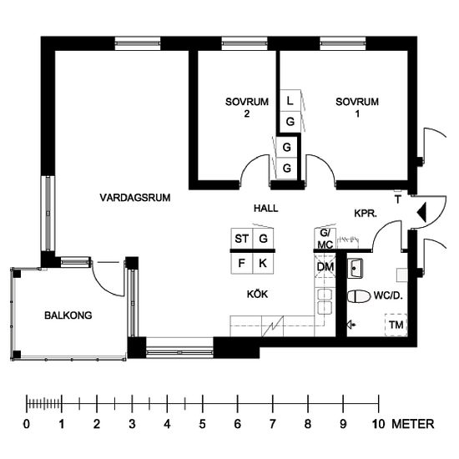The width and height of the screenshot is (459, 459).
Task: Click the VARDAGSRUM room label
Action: click(x=135, y=198)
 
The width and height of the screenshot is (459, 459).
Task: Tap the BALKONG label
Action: click(x=68, y=315)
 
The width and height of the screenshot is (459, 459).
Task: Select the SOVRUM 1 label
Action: click(x=357, y=108)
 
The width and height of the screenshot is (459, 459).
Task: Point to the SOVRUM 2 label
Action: click(x=247, y=108)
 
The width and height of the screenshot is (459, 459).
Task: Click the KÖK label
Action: click(x=257, y=294)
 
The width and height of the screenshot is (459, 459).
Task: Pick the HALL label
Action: click(x=265, y=209)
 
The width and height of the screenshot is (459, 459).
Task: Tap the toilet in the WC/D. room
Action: click(x=358, y=296)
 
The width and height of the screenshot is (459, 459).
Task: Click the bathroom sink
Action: click(x=355, y=268)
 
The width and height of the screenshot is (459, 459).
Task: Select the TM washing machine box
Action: click(x=396, y=325)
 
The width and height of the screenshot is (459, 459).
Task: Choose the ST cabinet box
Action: click(x=242, y=239)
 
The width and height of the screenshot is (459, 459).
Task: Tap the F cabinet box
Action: click(x=242, y=263)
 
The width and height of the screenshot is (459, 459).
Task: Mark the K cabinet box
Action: click(x=263, y=263)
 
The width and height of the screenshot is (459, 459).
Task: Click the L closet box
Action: click(x=290, y=101)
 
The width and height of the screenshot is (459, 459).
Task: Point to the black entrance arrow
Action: click(x=422, y=212)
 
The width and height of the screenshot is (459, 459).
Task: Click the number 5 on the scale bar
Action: click(x=202, y=424)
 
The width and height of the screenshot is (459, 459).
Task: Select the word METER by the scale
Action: click(x=413, y=424)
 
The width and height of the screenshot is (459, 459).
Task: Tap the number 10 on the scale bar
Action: click(x=378, y=424)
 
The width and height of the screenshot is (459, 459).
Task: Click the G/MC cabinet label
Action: click(x=325, y=239)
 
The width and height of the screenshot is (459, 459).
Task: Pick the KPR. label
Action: click(x=366, y=214)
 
